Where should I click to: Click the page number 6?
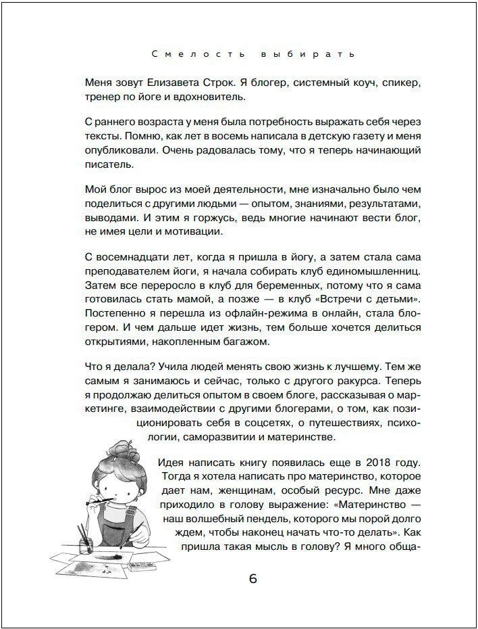(x=253, y=579)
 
